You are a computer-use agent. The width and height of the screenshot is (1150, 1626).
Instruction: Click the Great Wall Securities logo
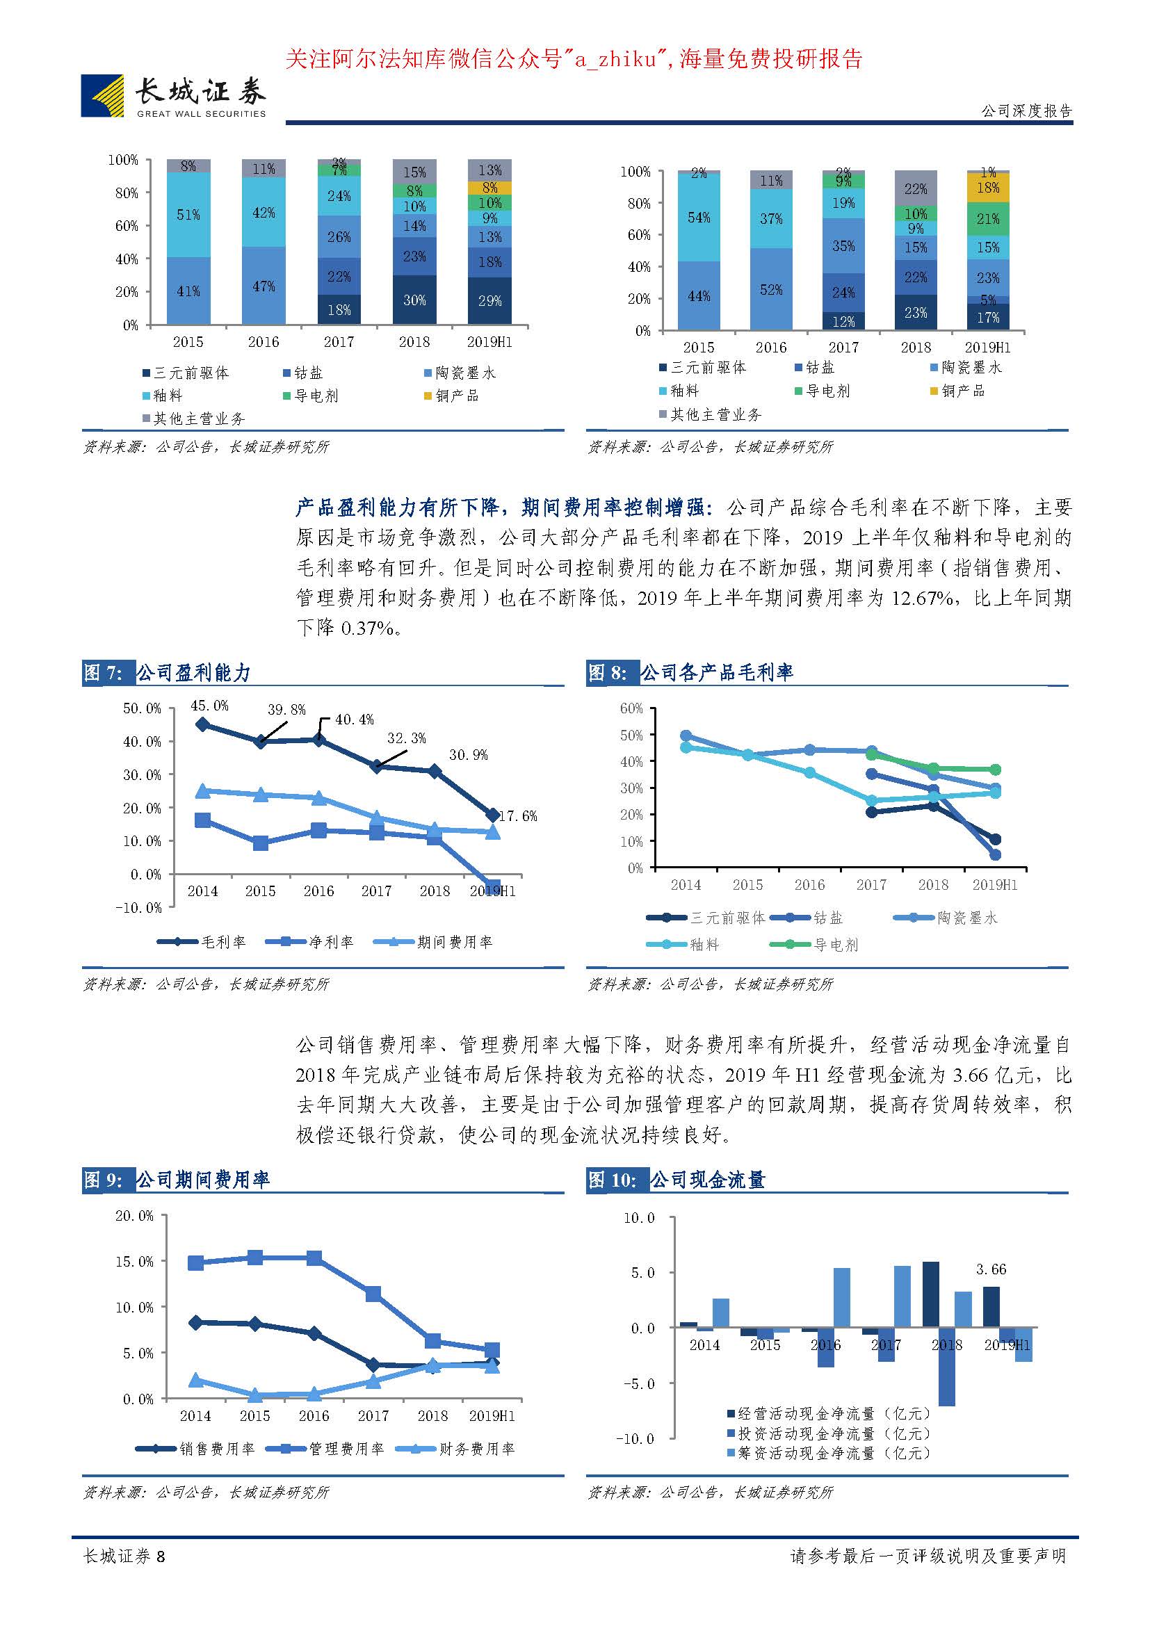coord(174,96)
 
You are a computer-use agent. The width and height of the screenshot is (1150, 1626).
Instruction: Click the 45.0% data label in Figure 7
coord(209,706)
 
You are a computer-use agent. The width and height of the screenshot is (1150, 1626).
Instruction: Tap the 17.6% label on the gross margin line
coord(518,816)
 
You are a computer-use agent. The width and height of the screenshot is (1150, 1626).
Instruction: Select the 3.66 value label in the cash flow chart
coord(991,1269)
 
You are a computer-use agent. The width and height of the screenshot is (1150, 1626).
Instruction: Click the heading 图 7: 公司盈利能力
coord(167,673)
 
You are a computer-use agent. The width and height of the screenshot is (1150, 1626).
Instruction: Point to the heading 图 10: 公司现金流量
coord(677,1180)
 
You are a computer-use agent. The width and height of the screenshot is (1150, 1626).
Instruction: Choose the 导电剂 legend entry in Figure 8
coord(815,945)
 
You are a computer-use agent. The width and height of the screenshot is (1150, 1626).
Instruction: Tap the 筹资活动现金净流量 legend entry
coord(828,1453)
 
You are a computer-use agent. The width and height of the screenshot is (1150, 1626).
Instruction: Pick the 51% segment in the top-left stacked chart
coord(188,215)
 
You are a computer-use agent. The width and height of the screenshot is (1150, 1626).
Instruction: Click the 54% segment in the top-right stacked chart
coord(699,218)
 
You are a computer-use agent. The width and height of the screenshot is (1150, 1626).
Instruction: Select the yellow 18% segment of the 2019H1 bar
coord(988,188)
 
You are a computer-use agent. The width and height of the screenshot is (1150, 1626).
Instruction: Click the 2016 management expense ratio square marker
coord(314,1258)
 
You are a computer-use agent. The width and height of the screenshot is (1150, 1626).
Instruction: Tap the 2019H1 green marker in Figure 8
coord(995,770)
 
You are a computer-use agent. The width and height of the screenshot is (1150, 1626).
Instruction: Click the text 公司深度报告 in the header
coord(1026,111)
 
